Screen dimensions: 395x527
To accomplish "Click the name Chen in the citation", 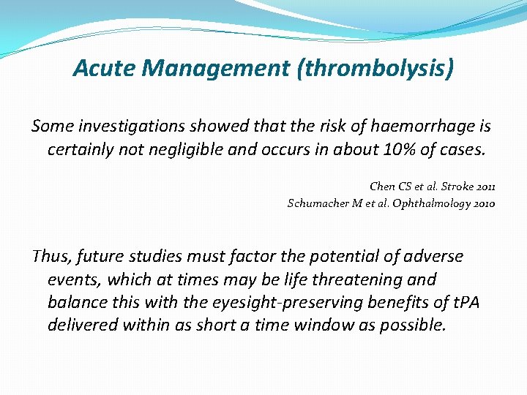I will pyautogui.click(x=383, y=188).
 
